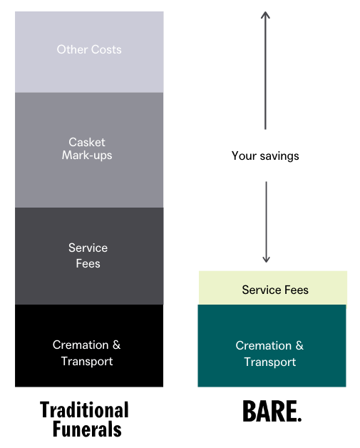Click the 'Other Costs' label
pyautogui.click(x=89, y=49)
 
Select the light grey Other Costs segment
pyautogui.click(x=89, y=52)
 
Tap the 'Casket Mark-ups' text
pyautogui.click(x=87, y=149)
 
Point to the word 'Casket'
pyautogui.click(x=87, y=142)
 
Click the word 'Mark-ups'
pyautogui.click(x=87, y=156)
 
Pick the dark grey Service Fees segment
pyautogui.click(x=89, y=256)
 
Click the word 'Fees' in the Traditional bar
pyautogui.click(x=88, y=263)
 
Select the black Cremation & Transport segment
pyautogui.click(x=89, y=346)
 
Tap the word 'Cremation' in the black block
pyautogui.click(x=81, y=345)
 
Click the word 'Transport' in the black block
pyautogui.click(x=87, y=362)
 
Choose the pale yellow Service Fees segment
pyautogui.click(x=273, y=287)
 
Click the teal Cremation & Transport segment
pyautogui.click(x=272, y=346)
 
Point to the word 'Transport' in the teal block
pyautogui.click(x=270, y=362)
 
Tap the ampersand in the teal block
pyautogui.click(x=299, y=345)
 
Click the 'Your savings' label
pyautogui.click(x=265, y=156)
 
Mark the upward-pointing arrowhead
pyautogui.click(x=265, y=14)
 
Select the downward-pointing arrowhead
pyautogui.click(x=266, y=259)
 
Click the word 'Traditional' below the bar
pyautogui.click(x=85, y=410)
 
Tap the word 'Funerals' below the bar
pyautogui.click(x=87, y=429)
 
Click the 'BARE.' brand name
pyautogui.click(x=272, y=411)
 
